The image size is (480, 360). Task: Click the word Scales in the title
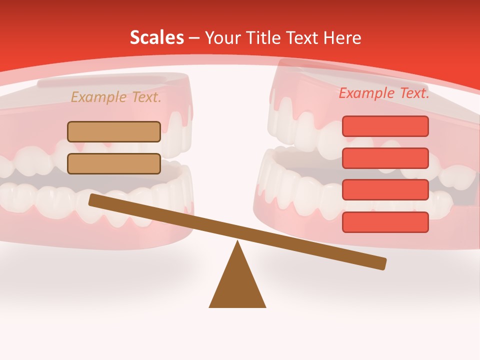coord(156,37)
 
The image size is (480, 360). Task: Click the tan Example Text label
coord(116,97)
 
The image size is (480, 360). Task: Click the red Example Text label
coord(384,93)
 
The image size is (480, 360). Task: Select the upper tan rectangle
coord(114,131)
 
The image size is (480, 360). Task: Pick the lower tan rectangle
coord(114,163)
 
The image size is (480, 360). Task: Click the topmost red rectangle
coord(385,126)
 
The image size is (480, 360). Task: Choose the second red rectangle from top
coord(385,158)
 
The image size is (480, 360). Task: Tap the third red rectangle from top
coord(385,189)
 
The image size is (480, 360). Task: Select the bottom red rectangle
coord(385,222)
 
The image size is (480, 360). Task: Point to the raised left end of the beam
coord(94,200)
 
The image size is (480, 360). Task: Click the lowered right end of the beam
coord(381,263)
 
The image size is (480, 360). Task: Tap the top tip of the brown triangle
coord(237,242)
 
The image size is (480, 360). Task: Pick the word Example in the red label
coord(366,93)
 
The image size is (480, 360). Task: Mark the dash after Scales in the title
coord(194,37)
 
